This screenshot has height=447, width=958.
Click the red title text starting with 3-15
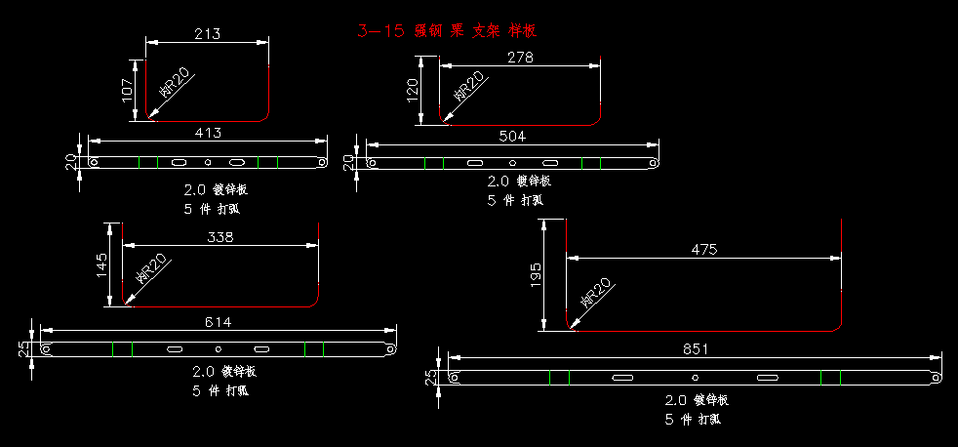tap(447, 31)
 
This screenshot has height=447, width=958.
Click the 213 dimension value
tap(207, 34)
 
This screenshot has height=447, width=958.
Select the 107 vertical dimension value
tap(127, 91)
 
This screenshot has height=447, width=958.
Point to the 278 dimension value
tap(520, 58)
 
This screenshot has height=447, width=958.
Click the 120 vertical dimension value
tap(412, 91)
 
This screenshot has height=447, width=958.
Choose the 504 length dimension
tap(512, 136)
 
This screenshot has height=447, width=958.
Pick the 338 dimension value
tap(220, 237)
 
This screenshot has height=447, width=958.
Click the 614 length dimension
tap(219, 322)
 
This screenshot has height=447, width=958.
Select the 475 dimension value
tap(703, 249)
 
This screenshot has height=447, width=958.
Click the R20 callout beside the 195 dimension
tap(595, 292)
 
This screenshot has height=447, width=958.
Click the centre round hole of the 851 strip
tap(695, 377)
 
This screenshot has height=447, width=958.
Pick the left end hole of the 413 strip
tap(94, 162)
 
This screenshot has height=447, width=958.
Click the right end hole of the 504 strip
tap(653, 163)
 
